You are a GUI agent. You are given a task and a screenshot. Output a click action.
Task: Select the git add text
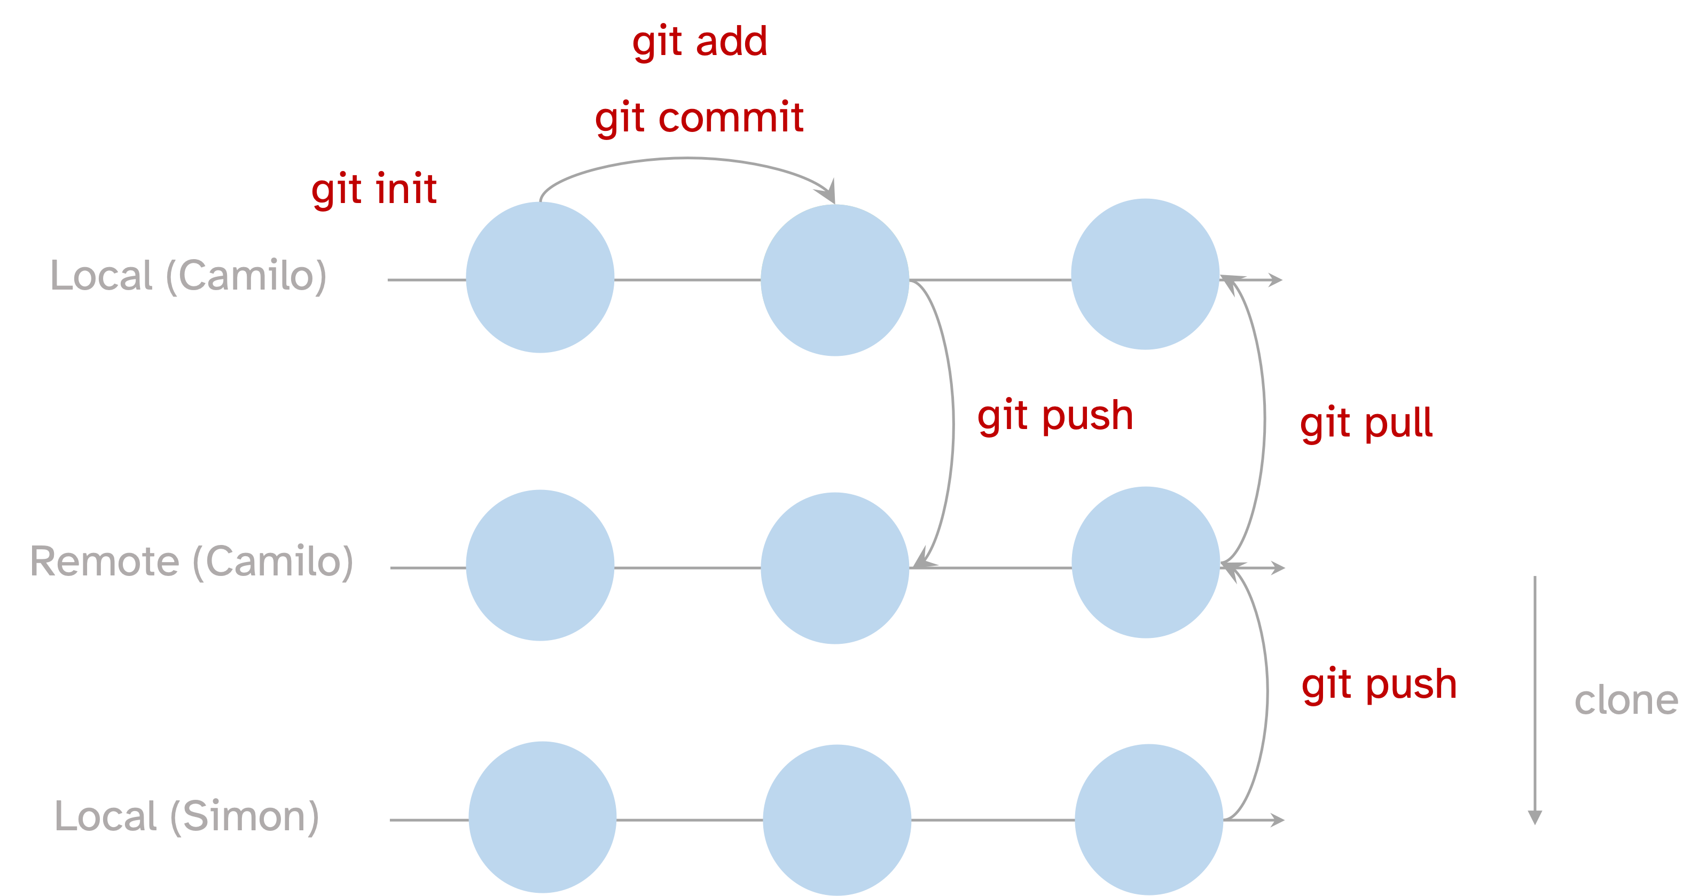point(699,42)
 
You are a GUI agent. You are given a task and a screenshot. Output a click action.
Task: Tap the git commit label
point(699,119)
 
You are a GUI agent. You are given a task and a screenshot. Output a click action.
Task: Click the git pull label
point(1366,423)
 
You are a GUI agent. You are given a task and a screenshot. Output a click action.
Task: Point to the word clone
point(1626,700)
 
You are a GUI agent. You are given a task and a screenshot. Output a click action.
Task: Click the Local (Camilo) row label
point(189,276)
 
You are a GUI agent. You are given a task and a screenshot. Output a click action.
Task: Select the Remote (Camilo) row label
point(191,562)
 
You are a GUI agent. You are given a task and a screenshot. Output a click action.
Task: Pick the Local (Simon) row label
point(187,816)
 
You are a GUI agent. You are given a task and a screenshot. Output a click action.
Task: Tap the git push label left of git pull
point(1055,416)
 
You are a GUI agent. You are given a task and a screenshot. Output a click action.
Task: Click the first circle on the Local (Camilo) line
point(540,277)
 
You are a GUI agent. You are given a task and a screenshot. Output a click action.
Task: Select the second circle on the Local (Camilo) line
point(834,280)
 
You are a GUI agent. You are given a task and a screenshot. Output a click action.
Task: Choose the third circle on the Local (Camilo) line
point(1145,274)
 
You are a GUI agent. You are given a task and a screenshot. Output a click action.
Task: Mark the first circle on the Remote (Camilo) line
point(540,565)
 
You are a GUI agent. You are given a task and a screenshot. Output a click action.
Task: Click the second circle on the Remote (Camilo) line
point(834,567)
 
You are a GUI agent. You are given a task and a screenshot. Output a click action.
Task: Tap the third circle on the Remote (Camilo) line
point(1146,562)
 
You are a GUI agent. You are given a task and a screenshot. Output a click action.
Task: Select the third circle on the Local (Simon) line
point(1148,819)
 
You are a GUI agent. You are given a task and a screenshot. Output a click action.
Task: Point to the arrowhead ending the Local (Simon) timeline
point(1278,820)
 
